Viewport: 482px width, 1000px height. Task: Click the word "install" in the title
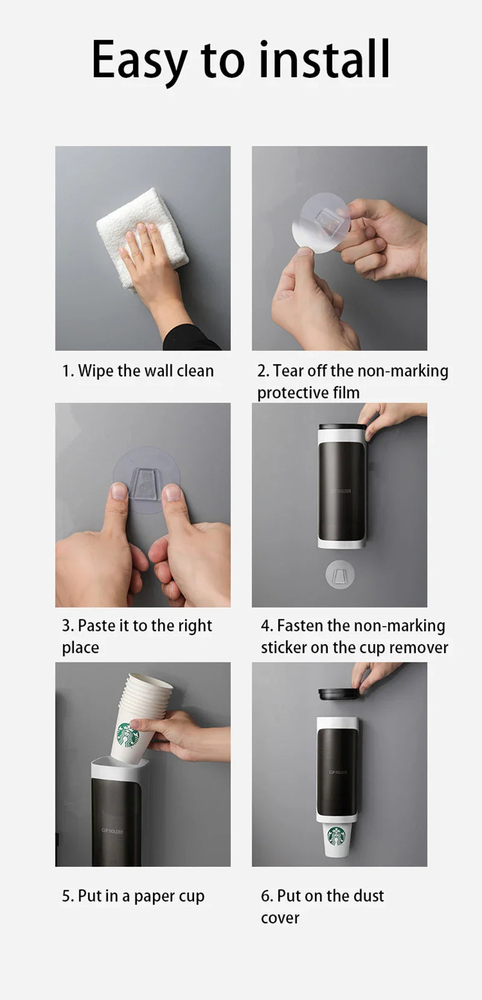coord(324,59)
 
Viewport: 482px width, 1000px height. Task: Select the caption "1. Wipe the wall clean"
coord(138,371)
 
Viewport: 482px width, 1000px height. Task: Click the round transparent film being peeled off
coord(321,223)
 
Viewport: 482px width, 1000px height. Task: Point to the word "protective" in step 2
coord(287,393)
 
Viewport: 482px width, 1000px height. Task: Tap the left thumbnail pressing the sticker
coord(119,491)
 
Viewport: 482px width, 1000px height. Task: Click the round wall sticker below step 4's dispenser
coord(340,575)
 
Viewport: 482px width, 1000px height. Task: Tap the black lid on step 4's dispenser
coord(342,427)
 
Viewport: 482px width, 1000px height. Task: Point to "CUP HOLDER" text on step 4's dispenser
coord(341,491)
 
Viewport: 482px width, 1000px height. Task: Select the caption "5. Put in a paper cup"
coord(133,896)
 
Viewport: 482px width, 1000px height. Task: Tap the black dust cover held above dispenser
coord(339,694)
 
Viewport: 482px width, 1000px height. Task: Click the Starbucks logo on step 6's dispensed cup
coord(337,836)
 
